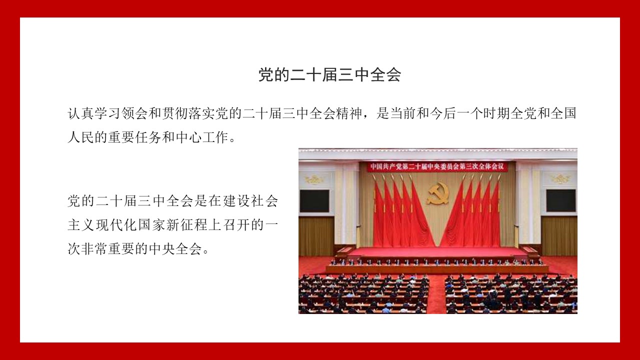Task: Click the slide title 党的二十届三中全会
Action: pyautogui.click(x=329, y=75)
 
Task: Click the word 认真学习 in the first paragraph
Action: pyautogui.click(x=94, y=113)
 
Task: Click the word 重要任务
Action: pyautogui.click(x=135, y=137)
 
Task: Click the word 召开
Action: pyautogui.click(x=236, y=225)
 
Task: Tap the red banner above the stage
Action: pyautogui.click(x=437, y=166)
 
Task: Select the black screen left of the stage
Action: pyautogui.click(x=314, y=201)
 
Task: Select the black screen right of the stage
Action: pyautogui.click(x=561, y=200)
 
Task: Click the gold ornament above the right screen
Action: pyautogui.click(x=561, y=179)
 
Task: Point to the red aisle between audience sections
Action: pyautogui.click(x=437, y=294)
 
